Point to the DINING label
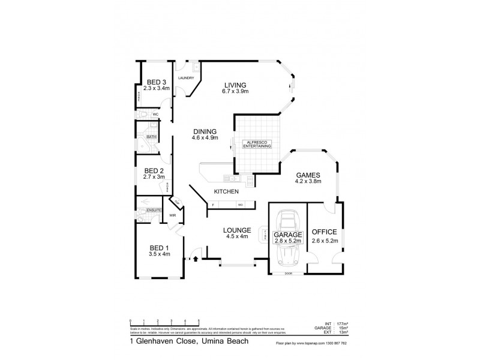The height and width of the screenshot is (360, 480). point(204,131)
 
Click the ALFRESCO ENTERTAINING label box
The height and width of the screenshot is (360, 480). point(257,145)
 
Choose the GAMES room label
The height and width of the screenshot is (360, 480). point(308,175)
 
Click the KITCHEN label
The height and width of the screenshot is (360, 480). point(227,191)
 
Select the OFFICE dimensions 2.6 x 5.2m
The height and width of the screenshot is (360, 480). point(325,241)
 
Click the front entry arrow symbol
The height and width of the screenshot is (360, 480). point(196,259)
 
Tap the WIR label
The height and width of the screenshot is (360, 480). point(172,215)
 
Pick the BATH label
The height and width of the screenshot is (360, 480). point(152,137)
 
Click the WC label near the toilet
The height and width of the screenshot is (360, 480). point(154,114)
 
